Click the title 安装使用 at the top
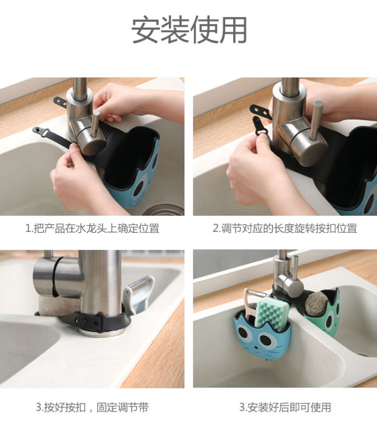(x=189, y=29)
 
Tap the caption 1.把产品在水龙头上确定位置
(x=92, y=229)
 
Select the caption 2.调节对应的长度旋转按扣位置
(x=285, y=229)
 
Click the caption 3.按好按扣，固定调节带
(x=92, y=407)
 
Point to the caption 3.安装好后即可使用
(x=285, y=407)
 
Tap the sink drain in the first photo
(x=164, y=210)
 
